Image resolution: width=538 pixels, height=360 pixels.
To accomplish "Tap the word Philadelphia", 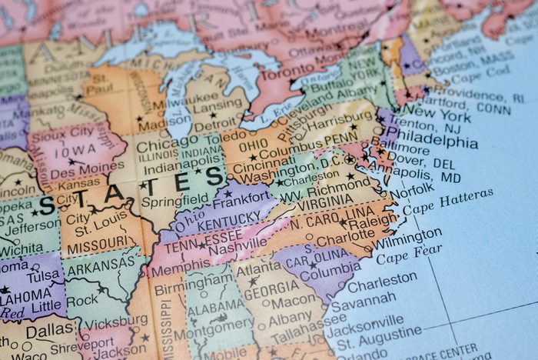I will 437,142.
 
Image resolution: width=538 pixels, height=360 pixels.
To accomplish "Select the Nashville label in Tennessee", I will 237,248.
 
